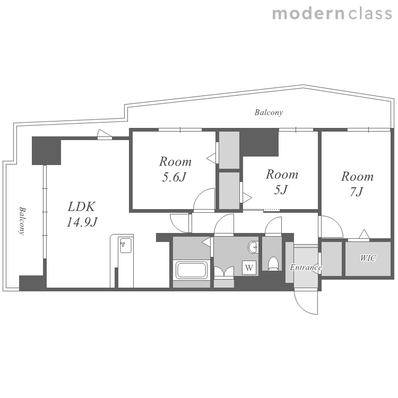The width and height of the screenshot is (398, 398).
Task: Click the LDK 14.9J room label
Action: pos(82,214)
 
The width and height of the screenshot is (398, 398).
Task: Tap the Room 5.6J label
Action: pos(175,169)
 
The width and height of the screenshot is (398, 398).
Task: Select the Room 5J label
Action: pos(282,181)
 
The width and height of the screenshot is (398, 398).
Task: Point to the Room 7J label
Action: pos(357,184)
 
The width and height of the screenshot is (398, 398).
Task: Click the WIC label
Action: pos(368,258)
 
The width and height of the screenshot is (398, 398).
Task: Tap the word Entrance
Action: pos(306,267)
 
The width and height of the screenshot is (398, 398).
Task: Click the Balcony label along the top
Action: pos(269,113)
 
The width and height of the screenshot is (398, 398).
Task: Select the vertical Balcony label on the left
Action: pos(22,221)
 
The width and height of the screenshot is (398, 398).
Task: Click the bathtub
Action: pos(192,270)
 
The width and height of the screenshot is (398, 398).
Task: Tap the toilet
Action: pos(273,263)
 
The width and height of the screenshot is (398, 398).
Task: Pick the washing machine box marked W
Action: pos(249,267)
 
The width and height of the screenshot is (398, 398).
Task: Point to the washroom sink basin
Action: pos(253,247)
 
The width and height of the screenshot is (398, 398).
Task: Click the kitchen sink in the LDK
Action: pos(125,246)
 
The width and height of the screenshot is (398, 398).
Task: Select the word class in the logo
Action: pos(370,14)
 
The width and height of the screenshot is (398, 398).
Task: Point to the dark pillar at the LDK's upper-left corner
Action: pos(47,151)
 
